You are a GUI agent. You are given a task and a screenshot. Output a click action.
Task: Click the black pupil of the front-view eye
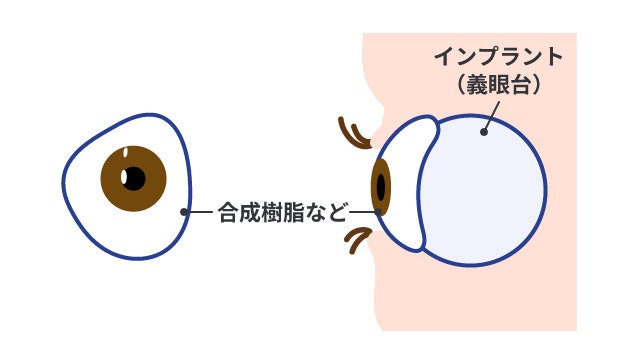133,179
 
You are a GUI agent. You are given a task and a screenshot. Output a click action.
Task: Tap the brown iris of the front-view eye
148,190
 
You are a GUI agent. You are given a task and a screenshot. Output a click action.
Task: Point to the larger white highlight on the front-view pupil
125,177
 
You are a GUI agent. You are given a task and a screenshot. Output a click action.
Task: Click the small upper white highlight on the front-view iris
125,153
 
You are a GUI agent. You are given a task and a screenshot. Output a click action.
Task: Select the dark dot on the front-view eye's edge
184,212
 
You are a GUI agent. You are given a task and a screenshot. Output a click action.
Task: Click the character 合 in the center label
230,212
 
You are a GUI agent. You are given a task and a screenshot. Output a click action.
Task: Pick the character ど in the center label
337,212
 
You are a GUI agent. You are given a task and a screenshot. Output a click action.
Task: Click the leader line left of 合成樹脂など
200,212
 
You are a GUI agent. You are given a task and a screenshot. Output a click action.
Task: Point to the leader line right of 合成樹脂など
362,212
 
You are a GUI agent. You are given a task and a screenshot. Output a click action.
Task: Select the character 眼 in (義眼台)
498,85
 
